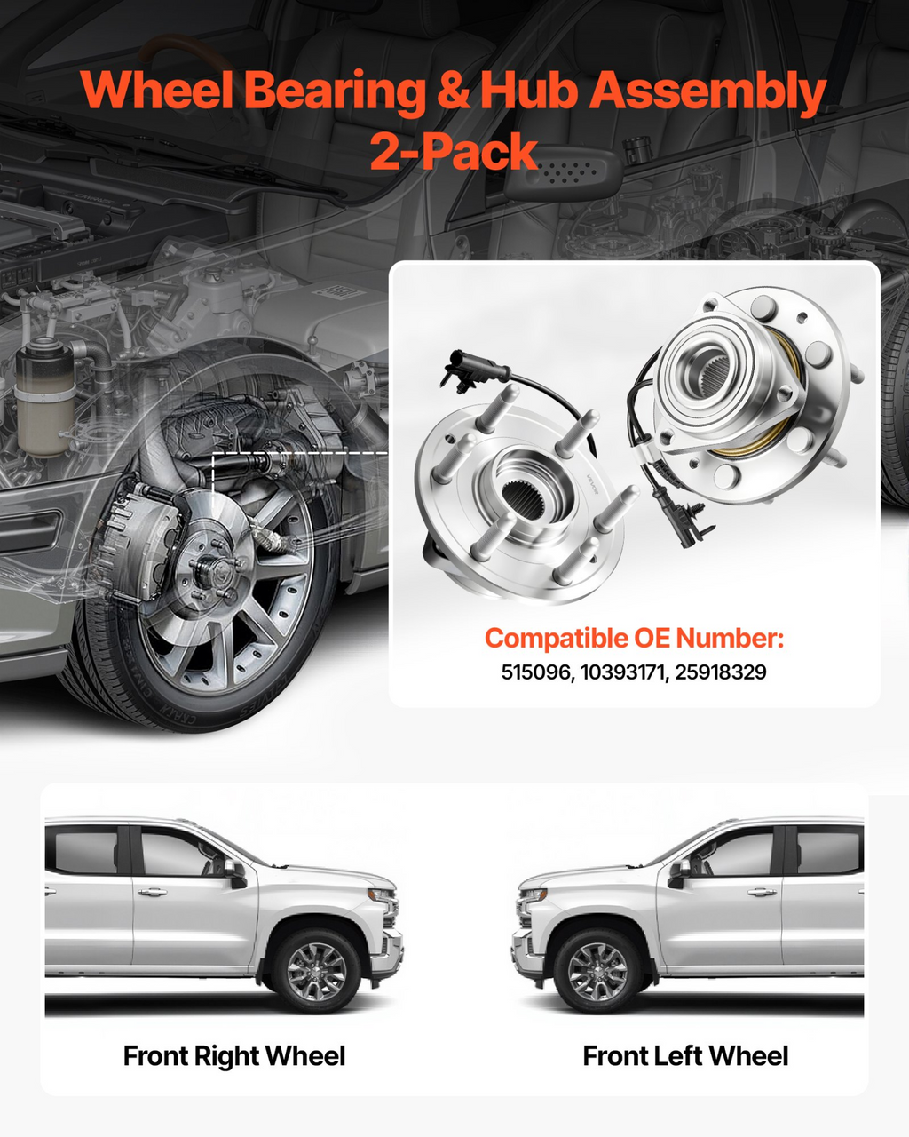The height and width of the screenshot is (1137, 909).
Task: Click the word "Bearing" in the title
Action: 336,91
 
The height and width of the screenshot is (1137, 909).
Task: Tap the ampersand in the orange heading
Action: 454,91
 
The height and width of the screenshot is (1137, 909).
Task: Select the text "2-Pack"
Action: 454,151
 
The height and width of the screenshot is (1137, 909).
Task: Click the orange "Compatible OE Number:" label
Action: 635,639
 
